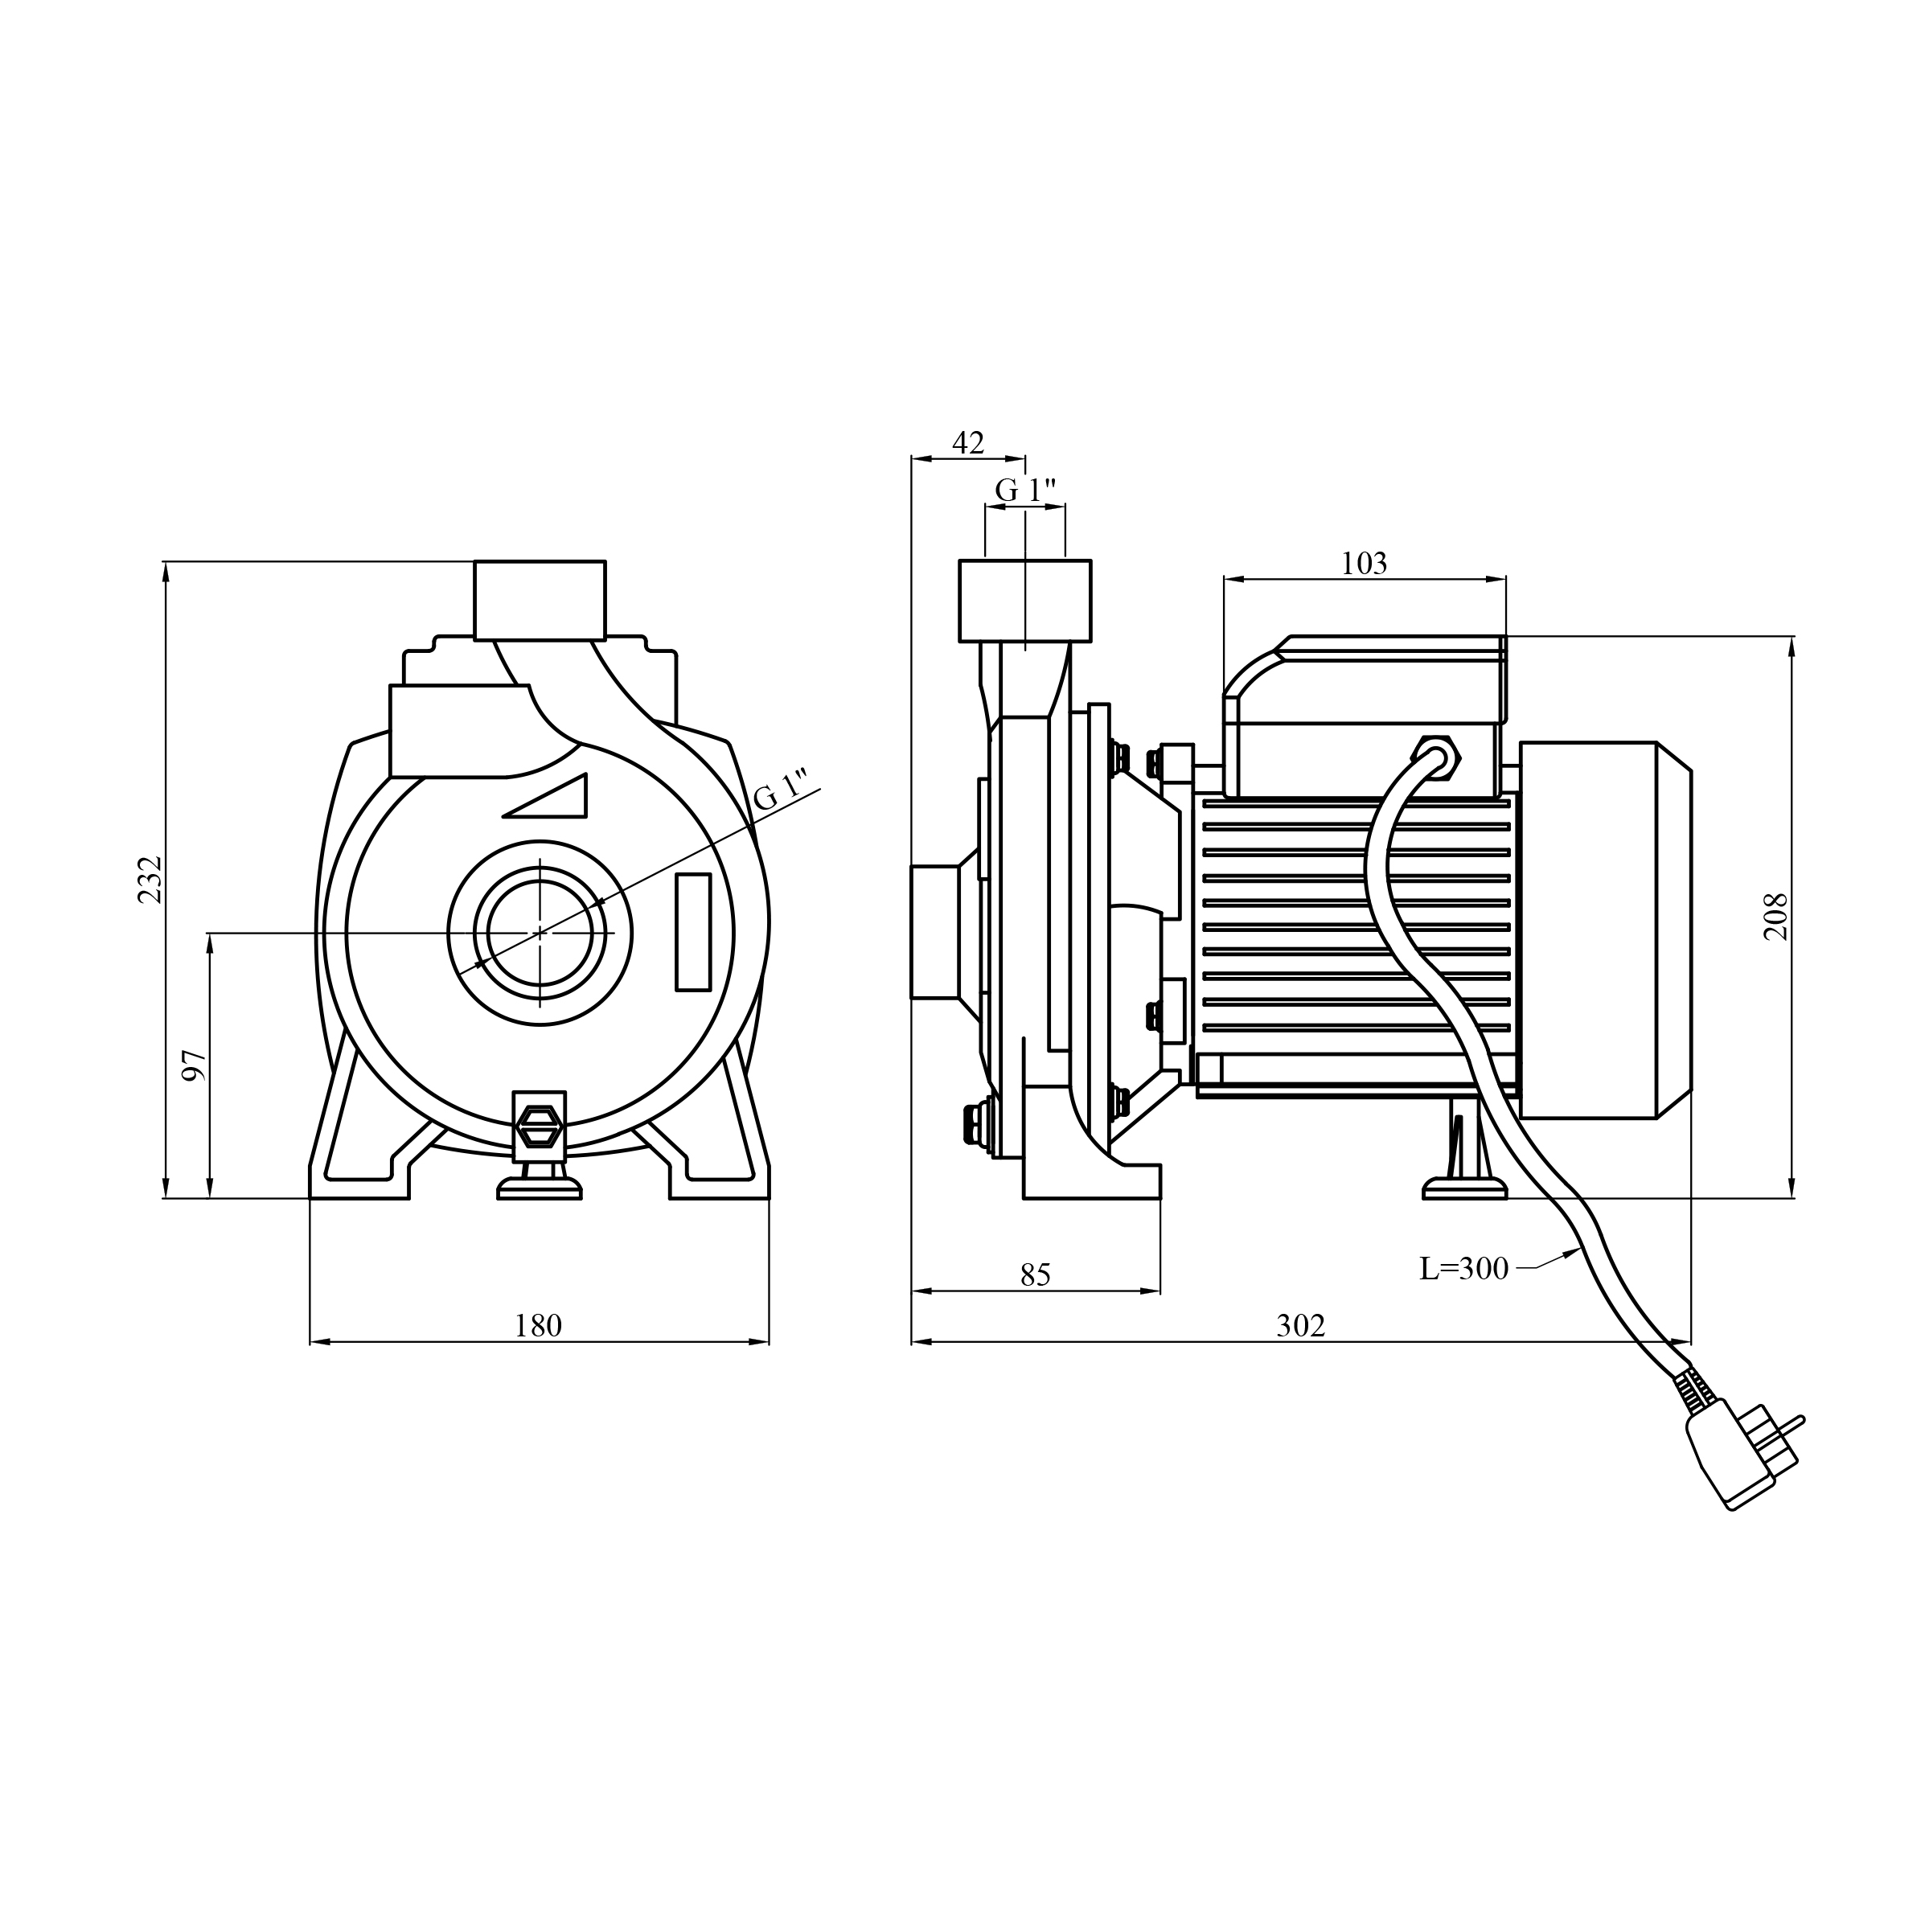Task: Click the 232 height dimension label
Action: tap(150, 880)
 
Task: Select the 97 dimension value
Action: tap(195, 1065)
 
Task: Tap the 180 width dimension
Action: tap(538, 1325)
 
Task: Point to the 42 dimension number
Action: tap(967, 442)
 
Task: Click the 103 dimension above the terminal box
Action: tap(1363, 563)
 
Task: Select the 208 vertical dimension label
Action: tap(1776, 917)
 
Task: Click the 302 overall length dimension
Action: tap(1301, 1325)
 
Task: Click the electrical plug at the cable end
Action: tap(1742, 1453)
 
